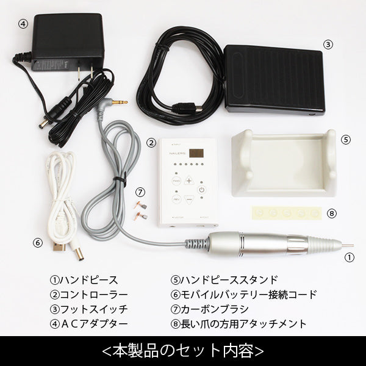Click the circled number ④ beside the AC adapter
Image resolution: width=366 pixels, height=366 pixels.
23,24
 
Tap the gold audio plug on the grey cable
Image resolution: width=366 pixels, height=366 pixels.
120,102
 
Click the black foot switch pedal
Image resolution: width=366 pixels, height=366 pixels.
274,81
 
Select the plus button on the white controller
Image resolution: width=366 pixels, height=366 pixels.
189,181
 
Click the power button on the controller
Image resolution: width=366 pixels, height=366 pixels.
202,190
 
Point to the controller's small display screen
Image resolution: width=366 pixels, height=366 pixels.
196,153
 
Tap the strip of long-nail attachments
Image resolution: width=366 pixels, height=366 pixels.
287,213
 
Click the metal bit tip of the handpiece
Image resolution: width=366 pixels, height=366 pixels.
348,245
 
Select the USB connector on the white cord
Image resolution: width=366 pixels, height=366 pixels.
59,246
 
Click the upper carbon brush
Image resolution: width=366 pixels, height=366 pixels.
140,205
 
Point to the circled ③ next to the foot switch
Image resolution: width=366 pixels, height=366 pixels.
328,45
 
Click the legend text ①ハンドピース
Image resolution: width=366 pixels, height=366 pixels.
84,280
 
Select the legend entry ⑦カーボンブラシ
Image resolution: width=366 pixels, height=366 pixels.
210,309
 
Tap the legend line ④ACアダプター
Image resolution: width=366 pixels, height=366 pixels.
89,324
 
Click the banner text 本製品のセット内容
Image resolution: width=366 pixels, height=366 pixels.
183,351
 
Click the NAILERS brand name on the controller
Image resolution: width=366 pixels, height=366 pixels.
177,153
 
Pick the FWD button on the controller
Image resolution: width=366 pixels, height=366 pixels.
176,181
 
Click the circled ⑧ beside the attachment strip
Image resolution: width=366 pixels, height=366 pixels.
332,213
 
